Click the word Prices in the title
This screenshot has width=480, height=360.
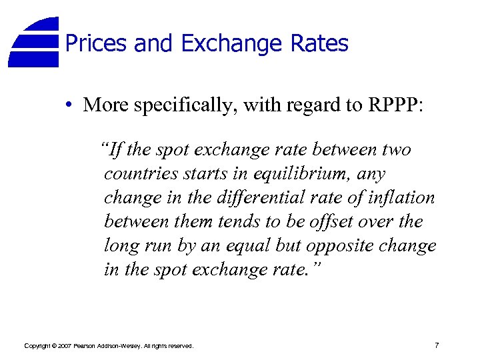(x=97, y=44)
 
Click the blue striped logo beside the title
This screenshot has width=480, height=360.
(x=35, y=42)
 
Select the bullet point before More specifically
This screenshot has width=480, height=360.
(x=69, y=105)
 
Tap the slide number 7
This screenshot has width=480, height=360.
(x=436, y=345)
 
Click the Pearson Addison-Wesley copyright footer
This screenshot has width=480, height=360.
(x=109, y=346)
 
